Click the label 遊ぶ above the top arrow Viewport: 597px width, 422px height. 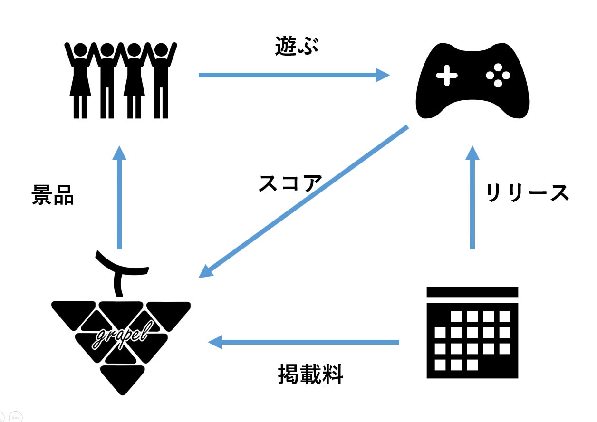click(x=297, y=46)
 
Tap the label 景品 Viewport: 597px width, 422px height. click(x=53, y=195)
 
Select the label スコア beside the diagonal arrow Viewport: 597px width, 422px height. click(x=290, y=183)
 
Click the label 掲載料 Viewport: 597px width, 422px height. click(x=310, y=374)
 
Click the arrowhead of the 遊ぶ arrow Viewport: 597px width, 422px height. click(x=383, y=75)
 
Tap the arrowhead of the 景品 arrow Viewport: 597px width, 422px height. click(x=119, y=153)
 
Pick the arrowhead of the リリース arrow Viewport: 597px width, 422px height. click(x=472, y=153)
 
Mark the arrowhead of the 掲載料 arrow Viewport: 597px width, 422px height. click(x=215, y=342)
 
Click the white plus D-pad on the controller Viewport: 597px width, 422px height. click(x=447, y=76)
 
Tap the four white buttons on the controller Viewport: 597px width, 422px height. click(x=498, y=76)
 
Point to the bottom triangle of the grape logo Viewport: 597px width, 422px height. click(x=123, y=379)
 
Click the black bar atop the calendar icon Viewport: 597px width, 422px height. click(x=472, y=292)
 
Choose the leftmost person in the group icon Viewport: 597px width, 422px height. click(x=80, y=80)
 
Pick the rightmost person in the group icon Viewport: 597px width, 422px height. click(x=161, y=80)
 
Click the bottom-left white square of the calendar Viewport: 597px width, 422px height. click(x=440, y=364)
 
